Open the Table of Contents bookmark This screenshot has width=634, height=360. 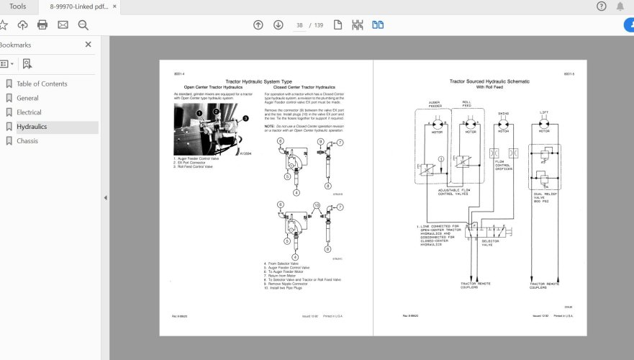coord(42,84)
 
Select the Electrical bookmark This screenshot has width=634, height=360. coord(29,112)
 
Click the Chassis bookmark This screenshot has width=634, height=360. coord(27,141)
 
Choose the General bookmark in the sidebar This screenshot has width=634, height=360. coord(27,98)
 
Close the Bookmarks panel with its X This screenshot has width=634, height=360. coord(89,45)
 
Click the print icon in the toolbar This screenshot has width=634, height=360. coord(42,25)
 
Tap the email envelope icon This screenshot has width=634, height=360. coord(63,25)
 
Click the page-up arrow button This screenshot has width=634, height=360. coord(258,25)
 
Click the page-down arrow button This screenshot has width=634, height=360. coord(278,25)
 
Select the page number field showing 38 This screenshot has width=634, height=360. coord(299,25)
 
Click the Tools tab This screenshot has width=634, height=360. coord(18,6)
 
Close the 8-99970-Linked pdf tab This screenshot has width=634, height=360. coord(114,6)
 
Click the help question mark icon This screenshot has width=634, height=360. coord(602,6)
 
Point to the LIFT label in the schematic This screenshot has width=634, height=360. coord(544,112)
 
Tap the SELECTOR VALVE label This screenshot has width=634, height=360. coord(491,243)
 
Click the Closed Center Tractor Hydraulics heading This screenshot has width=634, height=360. coord(304,87)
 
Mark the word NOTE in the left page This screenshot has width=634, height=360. coord(269,125)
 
